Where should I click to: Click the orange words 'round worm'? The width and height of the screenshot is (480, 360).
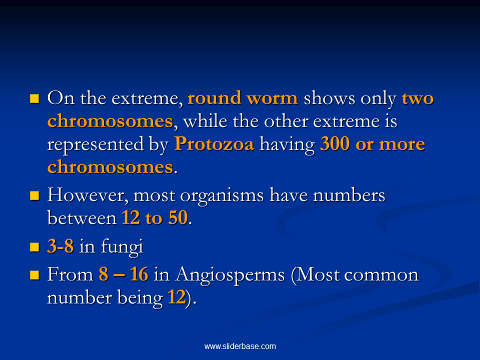(x=242, y=98)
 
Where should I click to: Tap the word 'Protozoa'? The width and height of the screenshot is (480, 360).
(x=214, y=144)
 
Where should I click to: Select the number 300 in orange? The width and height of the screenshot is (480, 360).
(x=334, y=144)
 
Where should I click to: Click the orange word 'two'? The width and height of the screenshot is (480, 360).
(x=418, y=98)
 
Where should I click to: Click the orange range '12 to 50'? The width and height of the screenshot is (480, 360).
(x=154, y=217)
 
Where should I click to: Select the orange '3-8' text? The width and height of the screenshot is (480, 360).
(x=60, y=246)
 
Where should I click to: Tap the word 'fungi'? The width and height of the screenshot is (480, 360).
(x=122, y=246)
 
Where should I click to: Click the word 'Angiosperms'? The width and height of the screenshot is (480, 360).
(x=230, y=275)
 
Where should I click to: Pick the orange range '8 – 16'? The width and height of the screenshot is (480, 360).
(x=123, y=274)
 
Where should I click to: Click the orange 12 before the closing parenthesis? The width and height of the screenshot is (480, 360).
(x=176, y=297)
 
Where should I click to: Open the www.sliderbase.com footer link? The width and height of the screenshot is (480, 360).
(x=240, y=346)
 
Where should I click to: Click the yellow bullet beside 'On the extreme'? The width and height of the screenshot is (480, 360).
(x=34, y=98)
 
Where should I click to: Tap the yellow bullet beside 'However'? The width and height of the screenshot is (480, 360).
(x=34, y=195)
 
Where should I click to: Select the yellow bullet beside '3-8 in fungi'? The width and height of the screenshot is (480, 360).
(x=34, y=246)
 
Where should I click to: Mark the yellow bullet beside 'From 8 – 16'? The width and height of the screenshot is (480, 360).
(x=34, y=275)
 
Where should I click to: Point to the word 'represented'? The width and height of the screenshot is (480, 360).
(x=95, y=144)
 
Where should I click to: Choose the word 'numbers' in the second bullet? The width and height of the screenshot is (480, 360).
(x=349, y=195)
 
